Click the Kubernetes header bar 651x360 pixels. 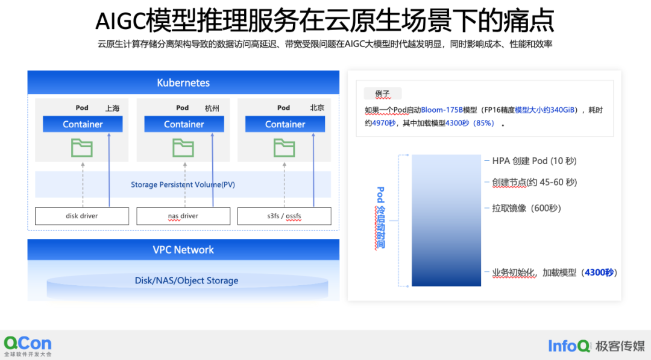click(x=183, y=83)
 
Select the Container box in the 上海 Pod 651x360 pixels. click(x=83, y=124)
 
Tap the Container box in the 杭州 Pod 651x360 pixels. click(x=184, y=124)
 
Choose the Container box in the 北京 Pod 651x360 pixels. click(x=285, y=124)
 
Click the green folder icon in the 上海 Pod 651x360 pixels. click(x=81, y=148)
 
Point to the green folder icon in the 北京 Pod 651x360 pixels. click(x=284, y=148)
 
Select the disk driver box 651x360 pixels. click(x=82, y=216)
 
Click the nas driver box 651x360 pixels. click(x=183, y=216)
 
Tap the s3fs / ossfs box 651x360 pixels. click(x=285, y=216)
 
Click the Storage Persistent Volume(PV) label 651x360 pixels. click(x=183, y=185)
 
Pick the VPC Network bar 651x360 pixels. click(x=183, y=250)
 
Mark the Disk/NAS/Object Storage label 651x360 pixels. click(x=186, y=280)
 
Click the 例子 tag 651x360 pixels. click(x=383, y=94)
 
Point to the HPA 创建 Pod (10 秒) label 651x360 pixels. click(x=534, y=161)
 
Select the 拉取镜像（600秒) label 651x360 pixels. click(x=526, y=208)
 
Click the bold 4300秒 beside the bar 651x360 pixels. click(x=599, y=273)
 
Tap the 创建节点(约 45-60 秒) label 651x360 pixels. click(x=534, y=182)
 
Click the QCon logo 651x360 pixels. click(x=28, y=346)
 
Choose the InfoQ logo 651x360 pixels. click(x=568, y=346)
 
